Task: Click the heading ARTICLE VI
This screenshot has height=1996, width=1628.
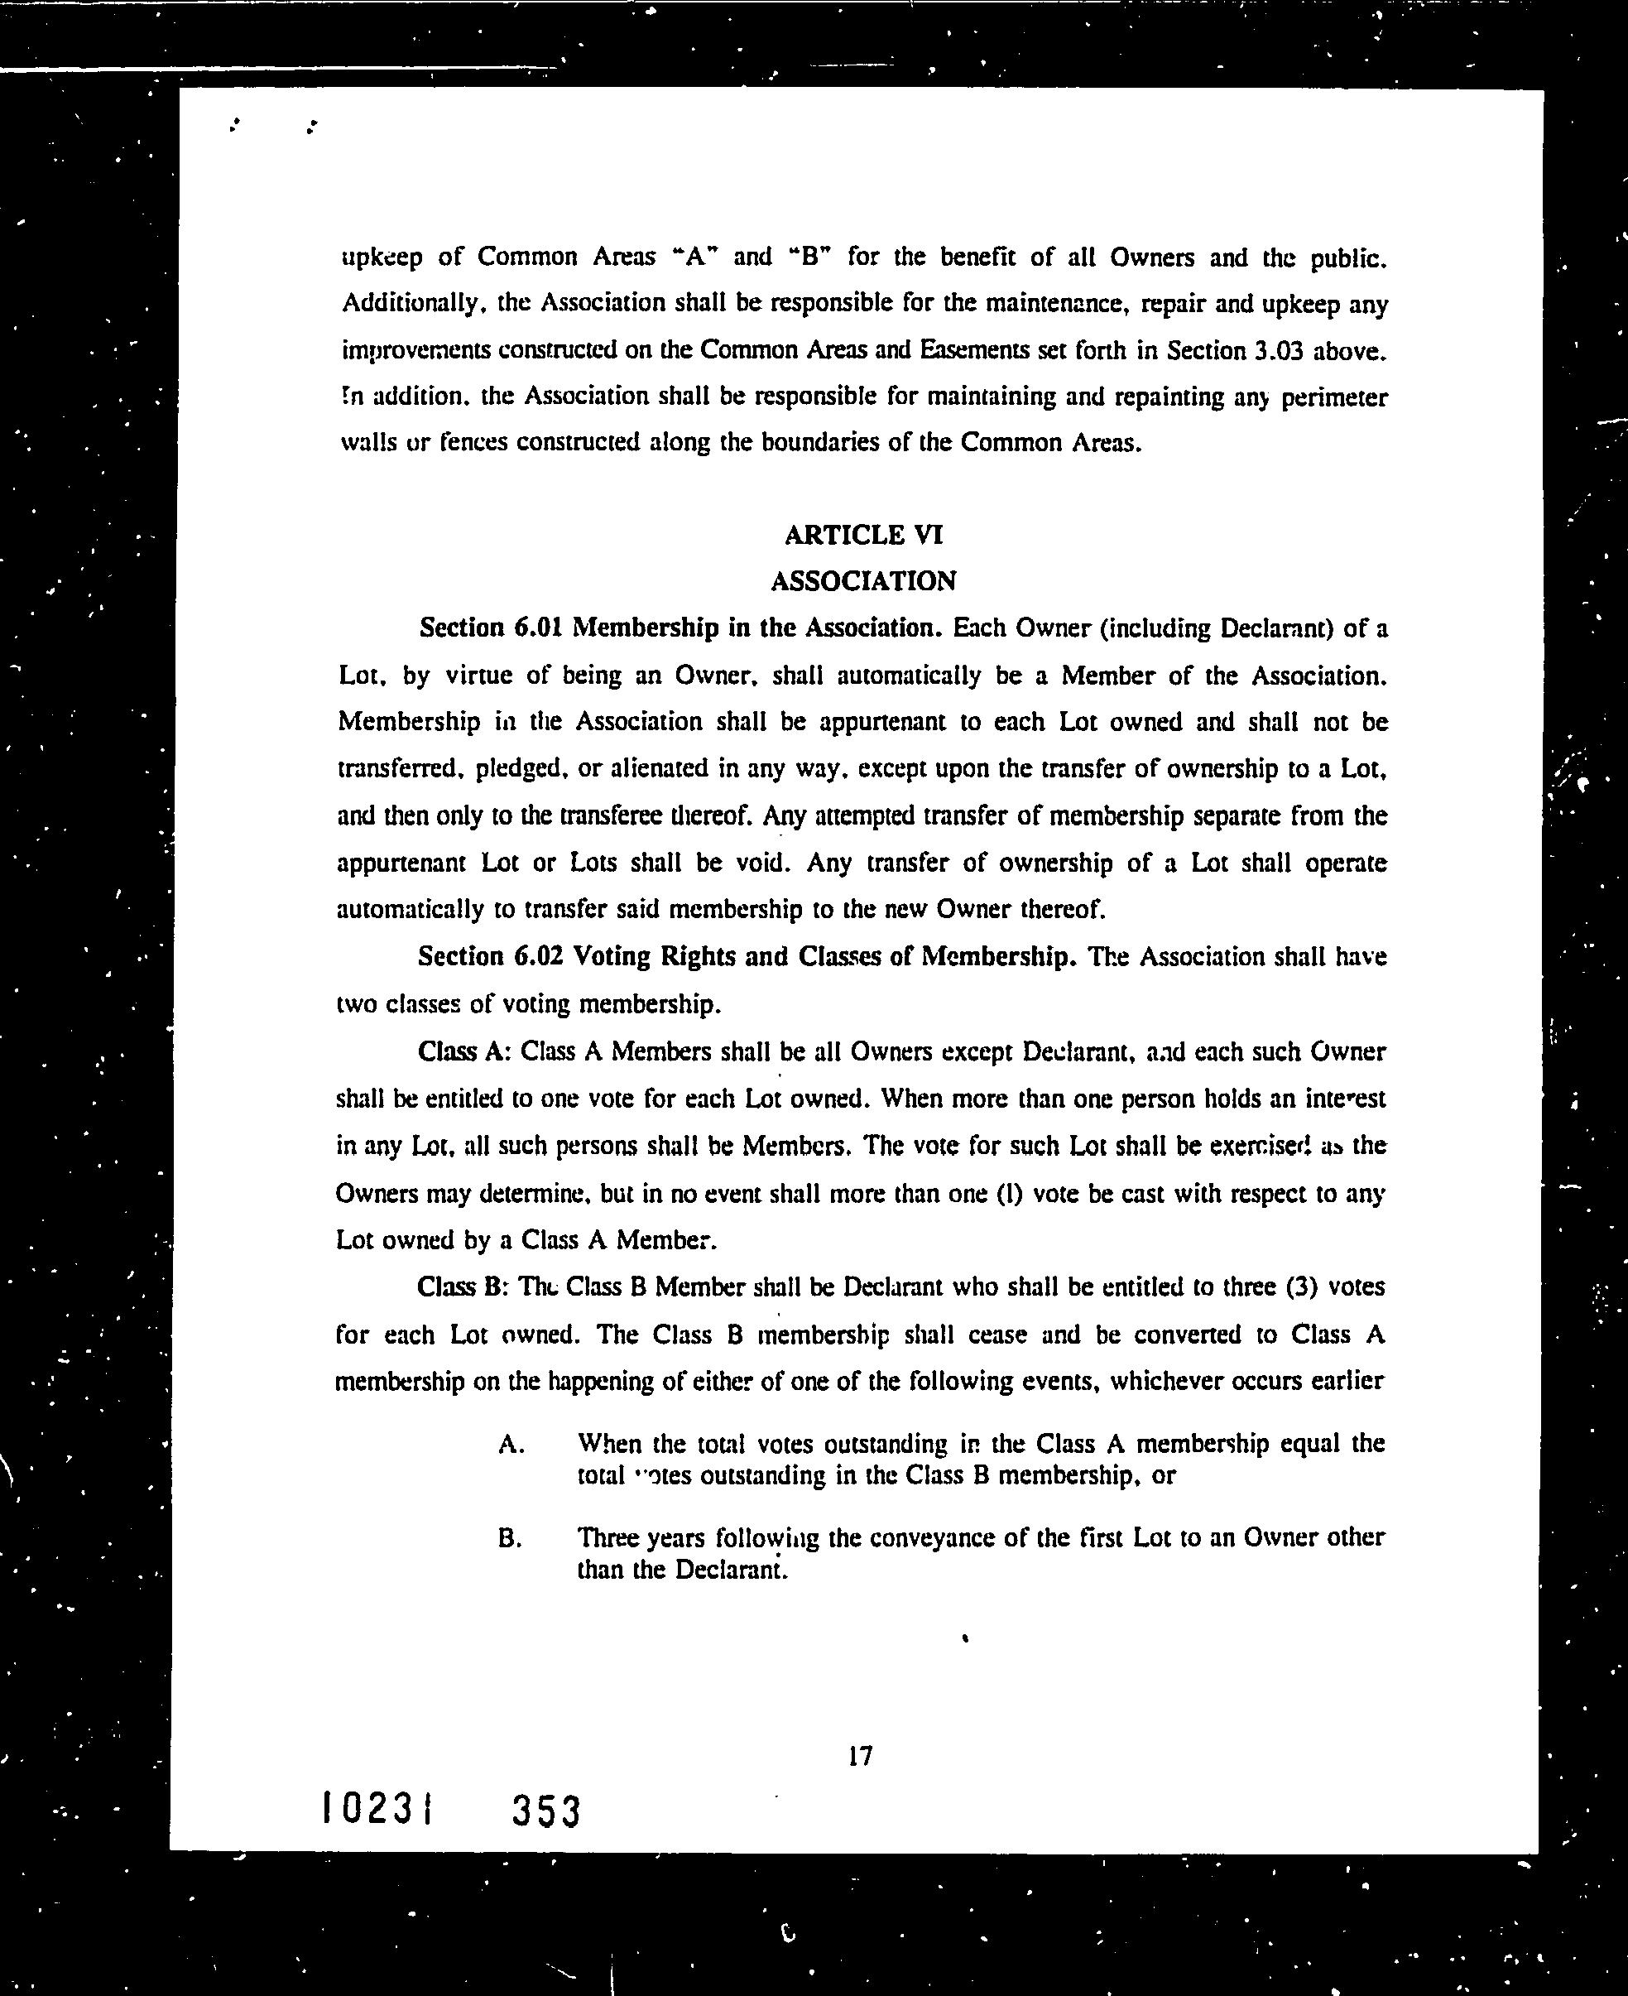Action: [x=862, y=535]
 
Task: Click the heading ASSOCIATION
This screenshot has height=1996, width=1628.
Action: [x=862, y=581]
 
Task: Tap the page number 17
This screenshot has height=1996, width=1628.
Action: [x=860, y=1756]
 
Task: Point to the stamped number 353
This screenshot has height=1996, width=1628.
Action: [x=547, y=1811]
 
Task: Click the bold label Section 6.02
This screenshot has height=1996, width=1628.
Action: [x=488, y=956]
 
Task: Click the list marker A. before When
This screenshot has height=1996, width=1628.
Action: [x=511, y=1445]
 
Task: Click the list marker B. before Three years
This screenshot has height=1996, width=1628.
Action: [x=510, y=1539]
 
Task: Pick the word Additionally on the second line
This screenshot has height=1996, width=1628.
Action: [x=411, y=304]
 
